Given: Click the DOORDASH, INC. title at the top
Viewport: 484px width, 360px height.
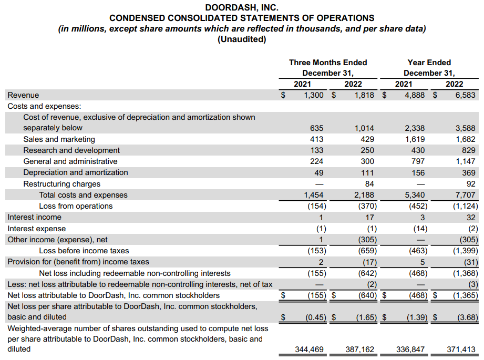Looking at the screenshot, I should pyautogui.click(x=242, y=8).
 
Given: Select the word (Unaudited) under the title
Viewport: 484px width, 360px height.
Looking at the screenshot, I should pyautogui.click(x=242, y=39).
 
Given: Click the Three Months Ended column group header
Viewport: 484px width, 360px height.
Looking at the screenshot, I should pyautogui.click(x=328, y=63).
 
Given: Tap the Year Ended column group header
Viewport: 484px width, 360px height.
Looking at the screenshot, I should pyautogui.click(x=429, y=63).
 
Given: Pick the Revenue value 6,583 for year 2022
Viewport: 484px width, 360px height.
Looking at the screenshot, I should pyautogui.click(x=465, y=95).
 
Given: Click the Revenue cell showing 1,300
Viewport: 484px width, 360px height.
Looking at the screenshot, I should pyautogui.click(x=314, y=95).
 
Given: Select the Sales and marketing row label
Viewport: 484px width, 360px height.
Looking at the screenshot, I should pyautogui.click(x=59, y=139).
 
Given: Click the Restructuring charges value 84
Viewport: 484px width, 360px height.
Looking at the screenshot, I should pyautogui.click(x=369, y=184).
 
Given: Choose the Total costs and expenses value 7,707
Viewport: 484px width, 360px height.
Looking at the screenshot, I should pyautogui.click(x=465, y=195).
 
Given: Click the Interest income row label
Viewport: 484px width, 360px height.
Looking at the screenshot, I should pyautogui.click(x=34, y=217).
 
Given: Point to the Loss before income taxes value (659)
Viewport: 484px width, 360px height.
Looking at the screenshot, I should pyautogui.click(x=366, y=251).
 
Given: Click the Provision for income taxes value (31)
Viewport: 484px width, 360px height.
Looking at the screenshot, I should pyautogui.click(x=470, y=262).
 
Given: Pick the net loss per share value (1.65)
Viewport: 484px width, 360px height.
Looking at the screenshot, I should pyautogui.click(x=365, y=317).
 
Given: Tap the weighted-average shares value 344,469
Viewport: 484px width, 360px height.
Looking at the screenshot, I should pyautogui.click(x=310, y=349).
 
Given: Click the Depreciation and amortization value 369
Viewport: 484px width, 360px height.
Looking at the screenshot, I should pyautogui.click(x=469, y=172).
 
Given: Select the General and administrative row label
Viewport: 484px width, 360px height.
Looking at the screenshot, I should pyautogui.click(x=70, y=161).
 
